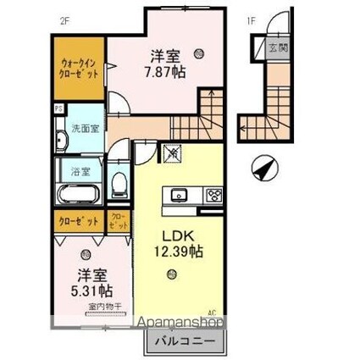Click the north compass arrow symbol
tap(263, 167)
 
